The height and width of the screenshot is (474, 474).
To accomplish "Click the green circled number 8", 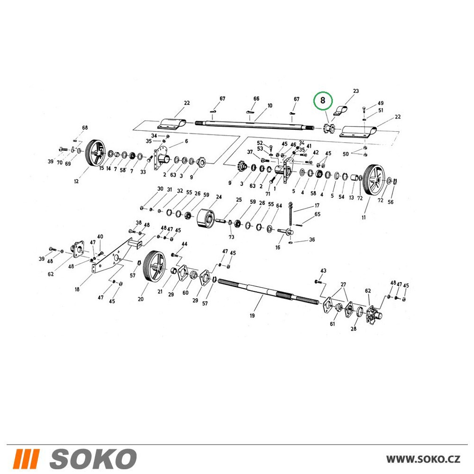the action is [322, 100].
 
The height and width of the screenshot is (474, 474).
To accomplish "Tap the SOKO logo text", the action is [93, 458].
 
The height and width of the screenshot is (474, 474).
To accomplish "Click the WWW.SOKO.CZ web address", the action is [423, 459].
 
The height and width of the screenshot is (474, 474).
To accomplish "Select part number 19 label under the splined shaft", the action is [252, 316].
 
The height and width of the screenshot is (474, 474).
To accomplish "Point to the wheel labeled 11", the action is [374, 181].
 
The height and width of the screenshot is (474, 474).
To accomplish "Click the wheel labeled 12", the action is [95, 153].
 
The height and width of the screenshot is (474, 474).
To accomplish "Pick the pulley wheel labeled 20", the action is [154, 266].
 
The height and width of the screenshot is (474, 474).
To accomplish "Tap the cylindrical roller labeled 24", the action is [205, 218].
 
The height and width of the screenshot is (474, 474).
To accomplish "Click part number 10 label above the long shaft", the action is [270, 106].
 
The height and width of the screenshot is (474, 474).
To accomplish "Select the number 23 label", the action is [356, 91].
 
